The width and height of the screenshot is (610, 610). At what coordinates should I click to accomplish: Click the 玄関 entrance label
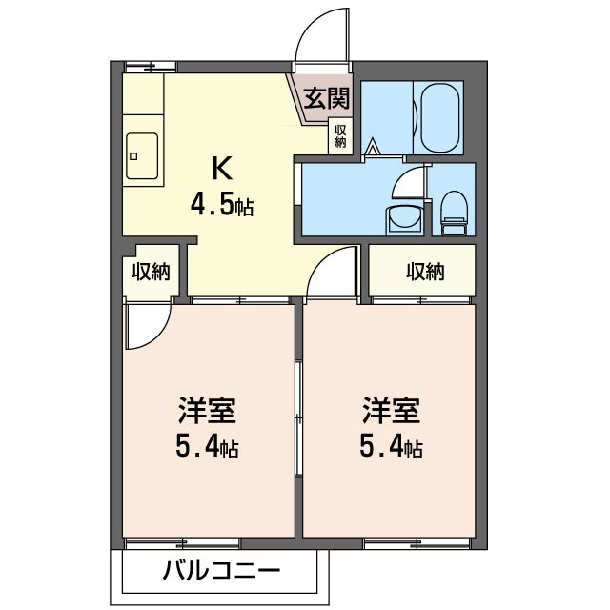(x=327, y=98)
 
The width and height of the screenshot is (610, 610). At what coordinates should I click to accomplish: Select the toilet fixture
(x=455, y=213)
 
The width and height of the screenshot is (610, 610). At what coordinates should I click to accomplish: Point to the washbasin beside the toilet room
(x=404, y=220)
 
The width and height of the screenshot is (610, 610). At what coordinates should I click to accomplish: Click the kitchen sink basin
(x=142, y=156)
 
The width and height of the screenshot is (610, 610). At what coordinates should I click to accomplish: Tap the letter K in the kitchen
(x=222, y=168)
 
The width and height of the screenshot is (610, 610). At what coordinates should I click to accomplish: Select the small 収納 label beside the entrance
(x=340, y=135)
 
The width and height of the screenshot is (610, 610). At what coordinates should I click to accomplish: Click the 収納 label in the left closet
(x=151, y=272)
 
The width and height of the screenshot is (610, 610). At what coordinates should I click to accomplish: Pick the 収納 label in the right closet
(x=425, y=271)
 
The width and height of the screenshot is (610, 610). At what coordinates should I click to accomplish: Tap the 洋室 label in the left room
(x=207, y=411)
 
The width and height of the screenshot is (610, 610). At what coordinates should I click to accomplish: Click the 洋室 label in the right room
(x=391, y=411)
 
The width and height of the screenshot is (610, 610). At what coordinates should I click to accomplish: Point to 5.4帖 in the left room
(x=207, y=446)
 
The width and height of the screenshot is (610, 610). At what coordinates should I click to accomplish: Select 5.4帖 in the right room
(x=391, y=446)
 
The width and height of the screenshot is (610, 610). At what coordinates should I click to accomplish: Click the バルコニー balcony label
(x=221, y=571)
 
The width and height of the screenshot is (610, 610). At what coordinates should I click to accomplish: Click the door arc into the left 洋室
(x=159, y=336)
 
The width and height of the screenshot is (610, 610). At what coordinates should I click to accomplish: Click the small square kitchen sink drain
(x=133, y=156)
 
